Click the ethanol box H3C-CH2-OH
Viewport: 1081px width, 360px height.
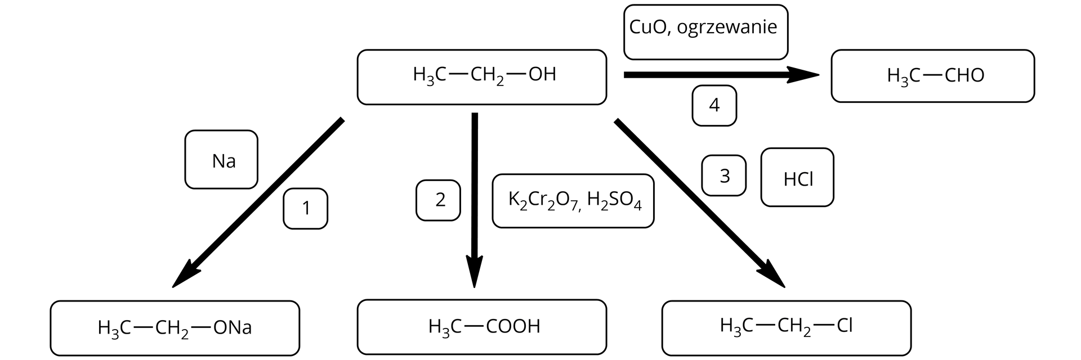click(x=481, y=77)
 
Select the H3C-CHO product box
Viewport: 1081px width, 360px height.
click(x=932, y=76)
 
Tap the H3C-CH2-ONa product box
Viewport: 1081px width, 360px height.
click(x=175, y=328)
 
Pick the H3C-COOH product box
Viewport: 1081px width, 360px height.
click(x=481, y=327)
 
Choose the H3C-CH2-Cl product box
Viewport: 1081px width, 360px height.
click(x=786, y=327)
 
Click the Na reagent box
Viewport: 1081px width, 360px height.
click(x=221, y=160)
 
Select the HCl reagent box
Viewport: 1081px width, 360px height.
click(x=797, y=178)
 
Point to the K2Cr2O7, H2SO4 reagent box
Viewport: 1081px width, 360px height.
click(x=573, y=201)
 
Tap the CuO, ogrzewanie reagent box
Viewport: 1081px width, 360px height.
click(x=705, y=32)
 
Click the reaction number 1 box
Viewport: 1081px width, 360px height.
click(x=305, y=209)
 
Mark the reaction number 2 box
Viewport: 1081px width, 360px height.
click(x=438, y=200)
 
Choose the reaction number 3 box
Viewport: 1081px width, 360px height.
click(x=723, y=175)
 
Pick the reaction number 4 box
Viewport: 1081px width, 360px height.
click(x=714, y=105)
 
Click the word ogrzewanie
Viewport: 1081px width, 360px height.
click(x=726, y=27)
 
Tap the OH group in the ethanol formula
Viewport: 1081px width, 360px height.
click(x=542, y=74)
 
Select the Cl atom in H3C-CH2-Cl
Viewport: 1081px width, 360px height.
click(x=845, y=325)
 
